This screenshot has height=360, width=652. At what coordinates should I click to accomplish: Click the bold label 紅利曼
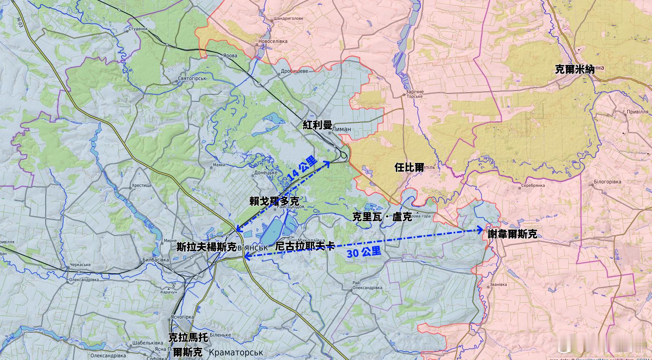point(317,125)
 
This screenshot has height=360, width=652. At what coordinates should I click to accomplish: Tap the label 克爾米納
point(574,69)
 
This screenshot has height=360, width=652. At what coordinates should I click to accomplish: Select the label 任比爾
point(409,167)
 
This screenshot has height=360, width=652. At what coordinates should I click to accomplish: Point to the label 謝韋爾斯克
point(512,234)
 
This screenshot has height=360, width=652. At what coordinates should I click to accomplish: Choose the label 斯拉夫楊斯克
point(207,247)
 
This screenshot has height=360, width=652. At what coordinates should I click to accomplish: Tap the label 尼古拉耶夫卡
point(305,246)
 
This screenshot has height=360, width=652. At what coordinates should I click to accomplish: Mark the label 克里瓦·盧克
point(382,217)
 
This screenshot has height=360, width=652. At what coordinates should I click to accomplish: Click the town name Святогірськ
point(192,79)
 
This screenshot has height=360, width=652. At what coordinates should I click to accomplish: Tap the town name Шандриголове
point(288,18)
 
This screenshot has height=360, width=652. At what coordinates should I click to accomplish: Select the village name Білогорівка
point(608,182)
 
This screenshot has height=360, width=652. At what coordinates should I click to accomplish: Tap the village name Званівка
point(498,285)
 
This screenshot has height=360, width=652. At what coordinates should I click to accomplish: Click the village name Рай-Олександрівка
point(367,285)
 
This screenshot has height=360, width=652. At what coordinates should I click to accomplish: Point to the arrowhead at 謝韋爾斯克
point(481,230)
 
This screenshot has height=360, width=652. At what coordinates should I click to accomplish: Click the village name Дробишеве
point(294,71)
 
